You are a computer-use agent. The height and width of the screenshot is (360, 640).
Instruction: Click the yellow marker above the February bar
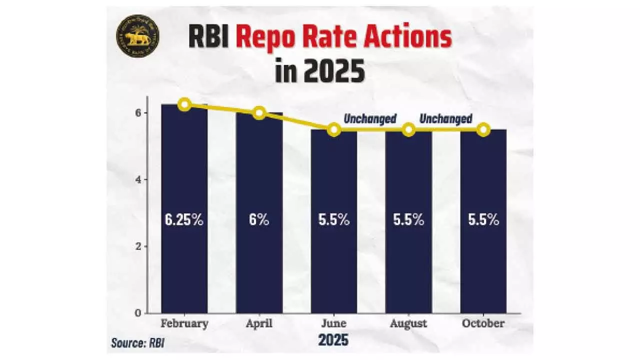coord(184,104)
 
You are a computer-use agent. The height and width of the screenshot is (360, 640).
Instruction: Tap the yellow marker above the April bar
coord(259,113)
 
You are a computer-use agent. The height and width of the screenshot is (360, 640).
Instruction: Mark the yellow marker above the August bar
coord(408,130)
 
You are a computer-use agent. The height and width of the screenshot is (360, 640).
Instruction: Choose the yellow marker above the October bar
coord(483,130)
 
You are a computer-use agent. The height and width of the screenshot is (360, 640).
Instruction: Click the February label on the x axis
coord(184,323)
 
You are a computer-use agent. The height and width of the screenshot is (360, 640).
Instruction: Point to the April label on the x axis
coord(259,323)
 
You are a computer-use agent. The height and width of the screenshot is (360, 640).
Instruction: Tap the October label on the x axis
coord(483,323)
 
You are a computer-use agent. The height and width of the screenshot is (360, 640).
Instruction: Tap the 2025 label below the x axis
coord(333,341)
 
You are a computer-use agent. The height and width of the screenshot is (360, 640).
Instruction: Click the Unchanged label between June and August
coord(370,119)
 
